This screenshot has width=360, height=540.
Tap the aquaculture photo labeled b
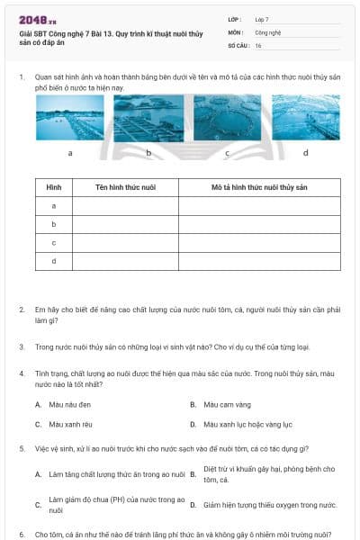tap(148, 118)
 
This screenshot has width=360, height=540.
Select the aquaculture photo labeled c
tap(227, 118)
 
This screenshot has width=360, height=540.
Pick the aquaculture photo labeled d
tap(305, 118)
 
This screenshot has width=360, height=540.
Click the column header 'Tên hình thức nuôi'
tap(125, 187)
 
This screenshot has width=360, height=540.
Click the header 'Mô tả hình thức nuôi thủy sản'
tap(259, 187)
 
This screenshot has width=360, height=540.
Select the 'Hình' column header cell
tap(54, 187)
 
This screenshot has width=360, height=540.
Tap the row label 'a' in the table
tap(54, 206)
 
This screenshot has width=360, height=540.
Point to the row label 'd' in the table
tap(54, 261)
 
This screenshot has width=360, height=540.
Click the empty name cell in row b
tap(125, 224)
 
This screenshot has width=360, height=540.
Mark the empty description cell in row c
tap(259, 243)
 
